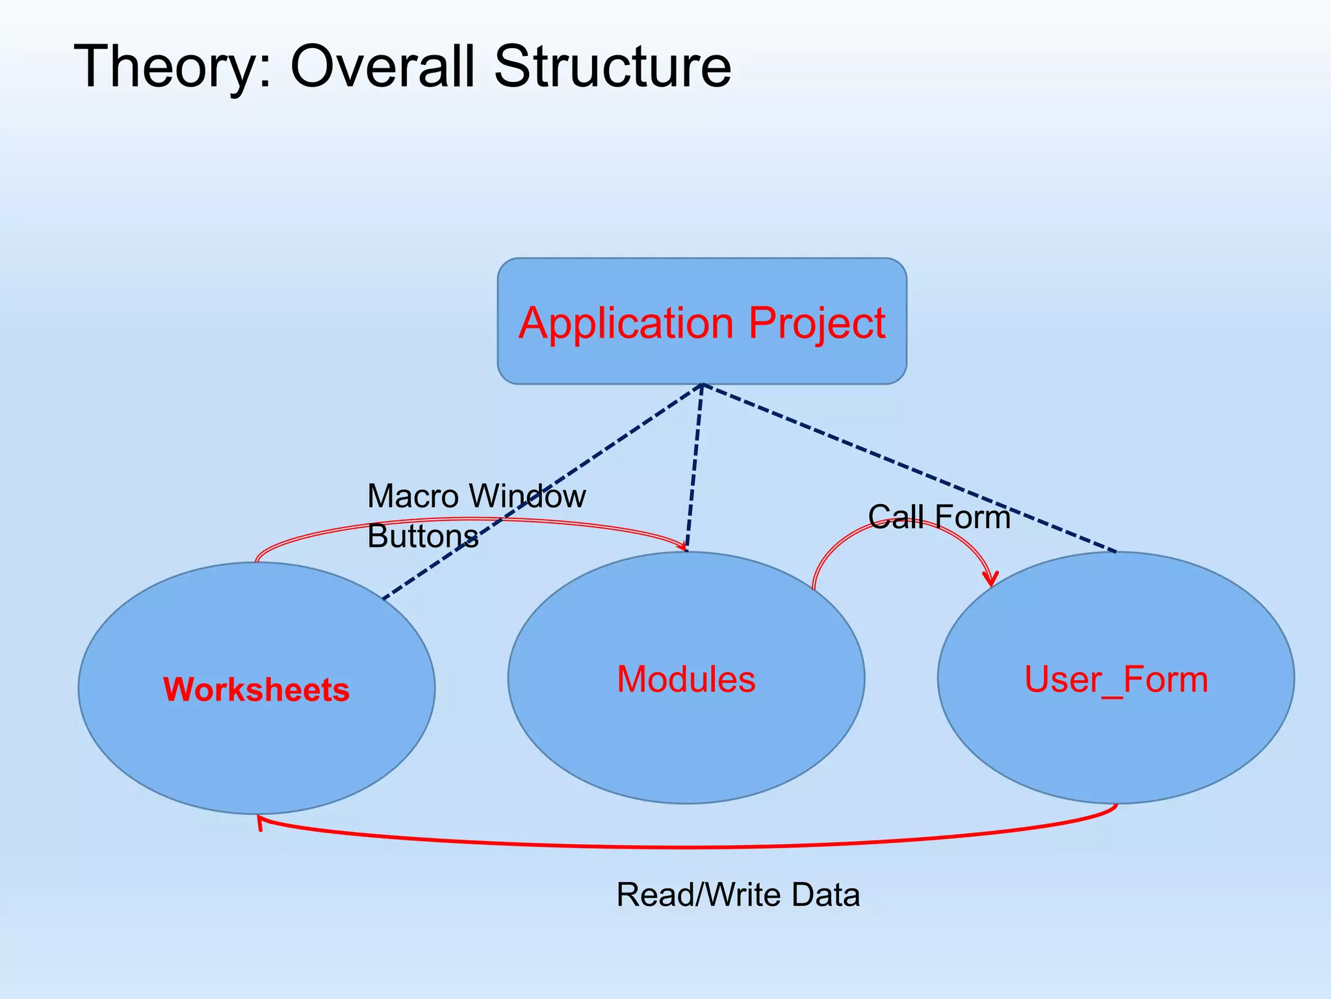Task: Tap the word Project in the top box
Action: click(x=817, y=323)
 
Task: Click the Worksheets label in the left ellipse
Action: click(x=256, y=689)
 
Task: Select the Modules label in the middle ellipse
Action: click(x=686, y=679)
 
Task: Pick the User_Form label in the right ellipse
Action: click(x=1116, y=679)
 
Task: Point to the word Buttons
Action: click(x=422, y=537)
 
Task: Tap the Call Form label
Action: click(x=939, y=517)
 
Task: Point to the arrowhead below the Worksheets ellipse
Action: click(x=260, y=822)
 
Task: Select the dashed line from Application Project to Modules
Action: click(x=694, y=468)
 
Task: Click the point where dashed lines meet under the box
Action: click(x=702, y=385)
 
